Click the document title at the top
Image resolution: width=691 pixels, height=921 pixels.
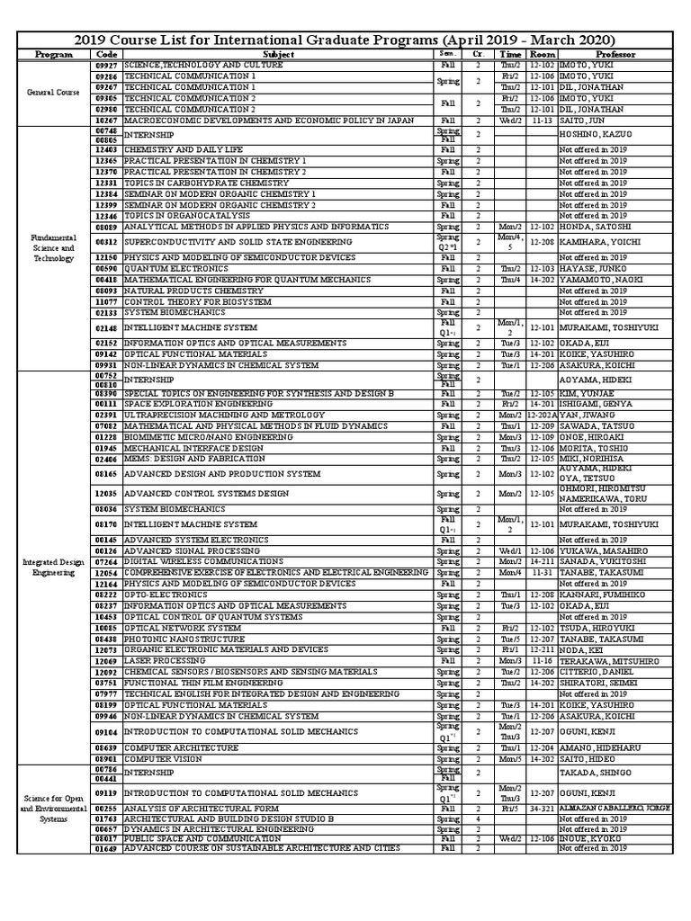click(345, 40)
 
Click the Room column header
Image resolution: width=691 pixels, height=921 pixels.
click(540, 55)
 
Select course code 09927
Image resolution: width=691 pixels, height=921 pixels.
click(106, 65)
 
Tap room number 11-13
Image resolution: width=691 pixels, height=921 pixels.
click(540, 120)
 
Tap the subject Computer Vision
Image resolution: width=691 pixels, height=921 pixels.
click(162, 759)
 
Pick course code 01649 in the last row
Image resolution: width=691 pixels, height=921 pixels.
click(106, 848)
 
